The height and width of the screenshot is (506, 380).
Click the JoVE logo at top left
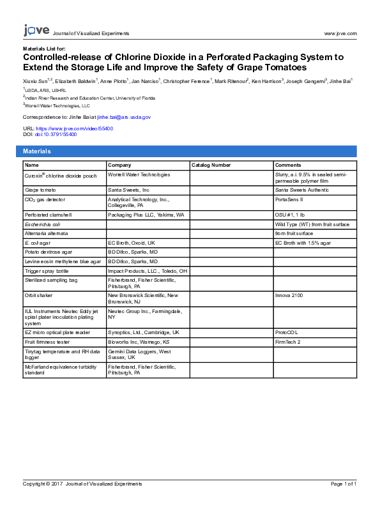click(36, 30)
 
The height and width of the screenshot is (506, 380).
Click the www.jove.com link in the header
click(340, 33)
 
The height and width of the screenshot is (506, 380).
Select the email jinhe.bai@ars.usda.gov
click(124, 118)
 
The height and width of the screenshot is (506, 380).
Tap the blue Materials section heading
click(37, 151)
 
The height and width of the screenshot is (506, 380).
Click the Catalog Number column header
click(211, 165)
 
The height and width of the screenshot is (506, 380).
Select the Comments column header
click(287, 165)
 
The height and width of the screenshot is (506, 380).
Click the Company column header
click(119, 165)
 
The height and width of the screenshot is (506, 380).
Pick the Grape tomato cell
click(40, 190)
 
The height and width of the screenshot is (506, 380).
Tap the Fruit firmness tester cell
click(49, 342)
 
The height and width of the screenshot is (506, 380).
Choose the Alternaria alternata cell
click(49, 233)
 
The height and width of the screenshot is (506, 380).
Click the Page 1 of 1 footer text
click(344, 484)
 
